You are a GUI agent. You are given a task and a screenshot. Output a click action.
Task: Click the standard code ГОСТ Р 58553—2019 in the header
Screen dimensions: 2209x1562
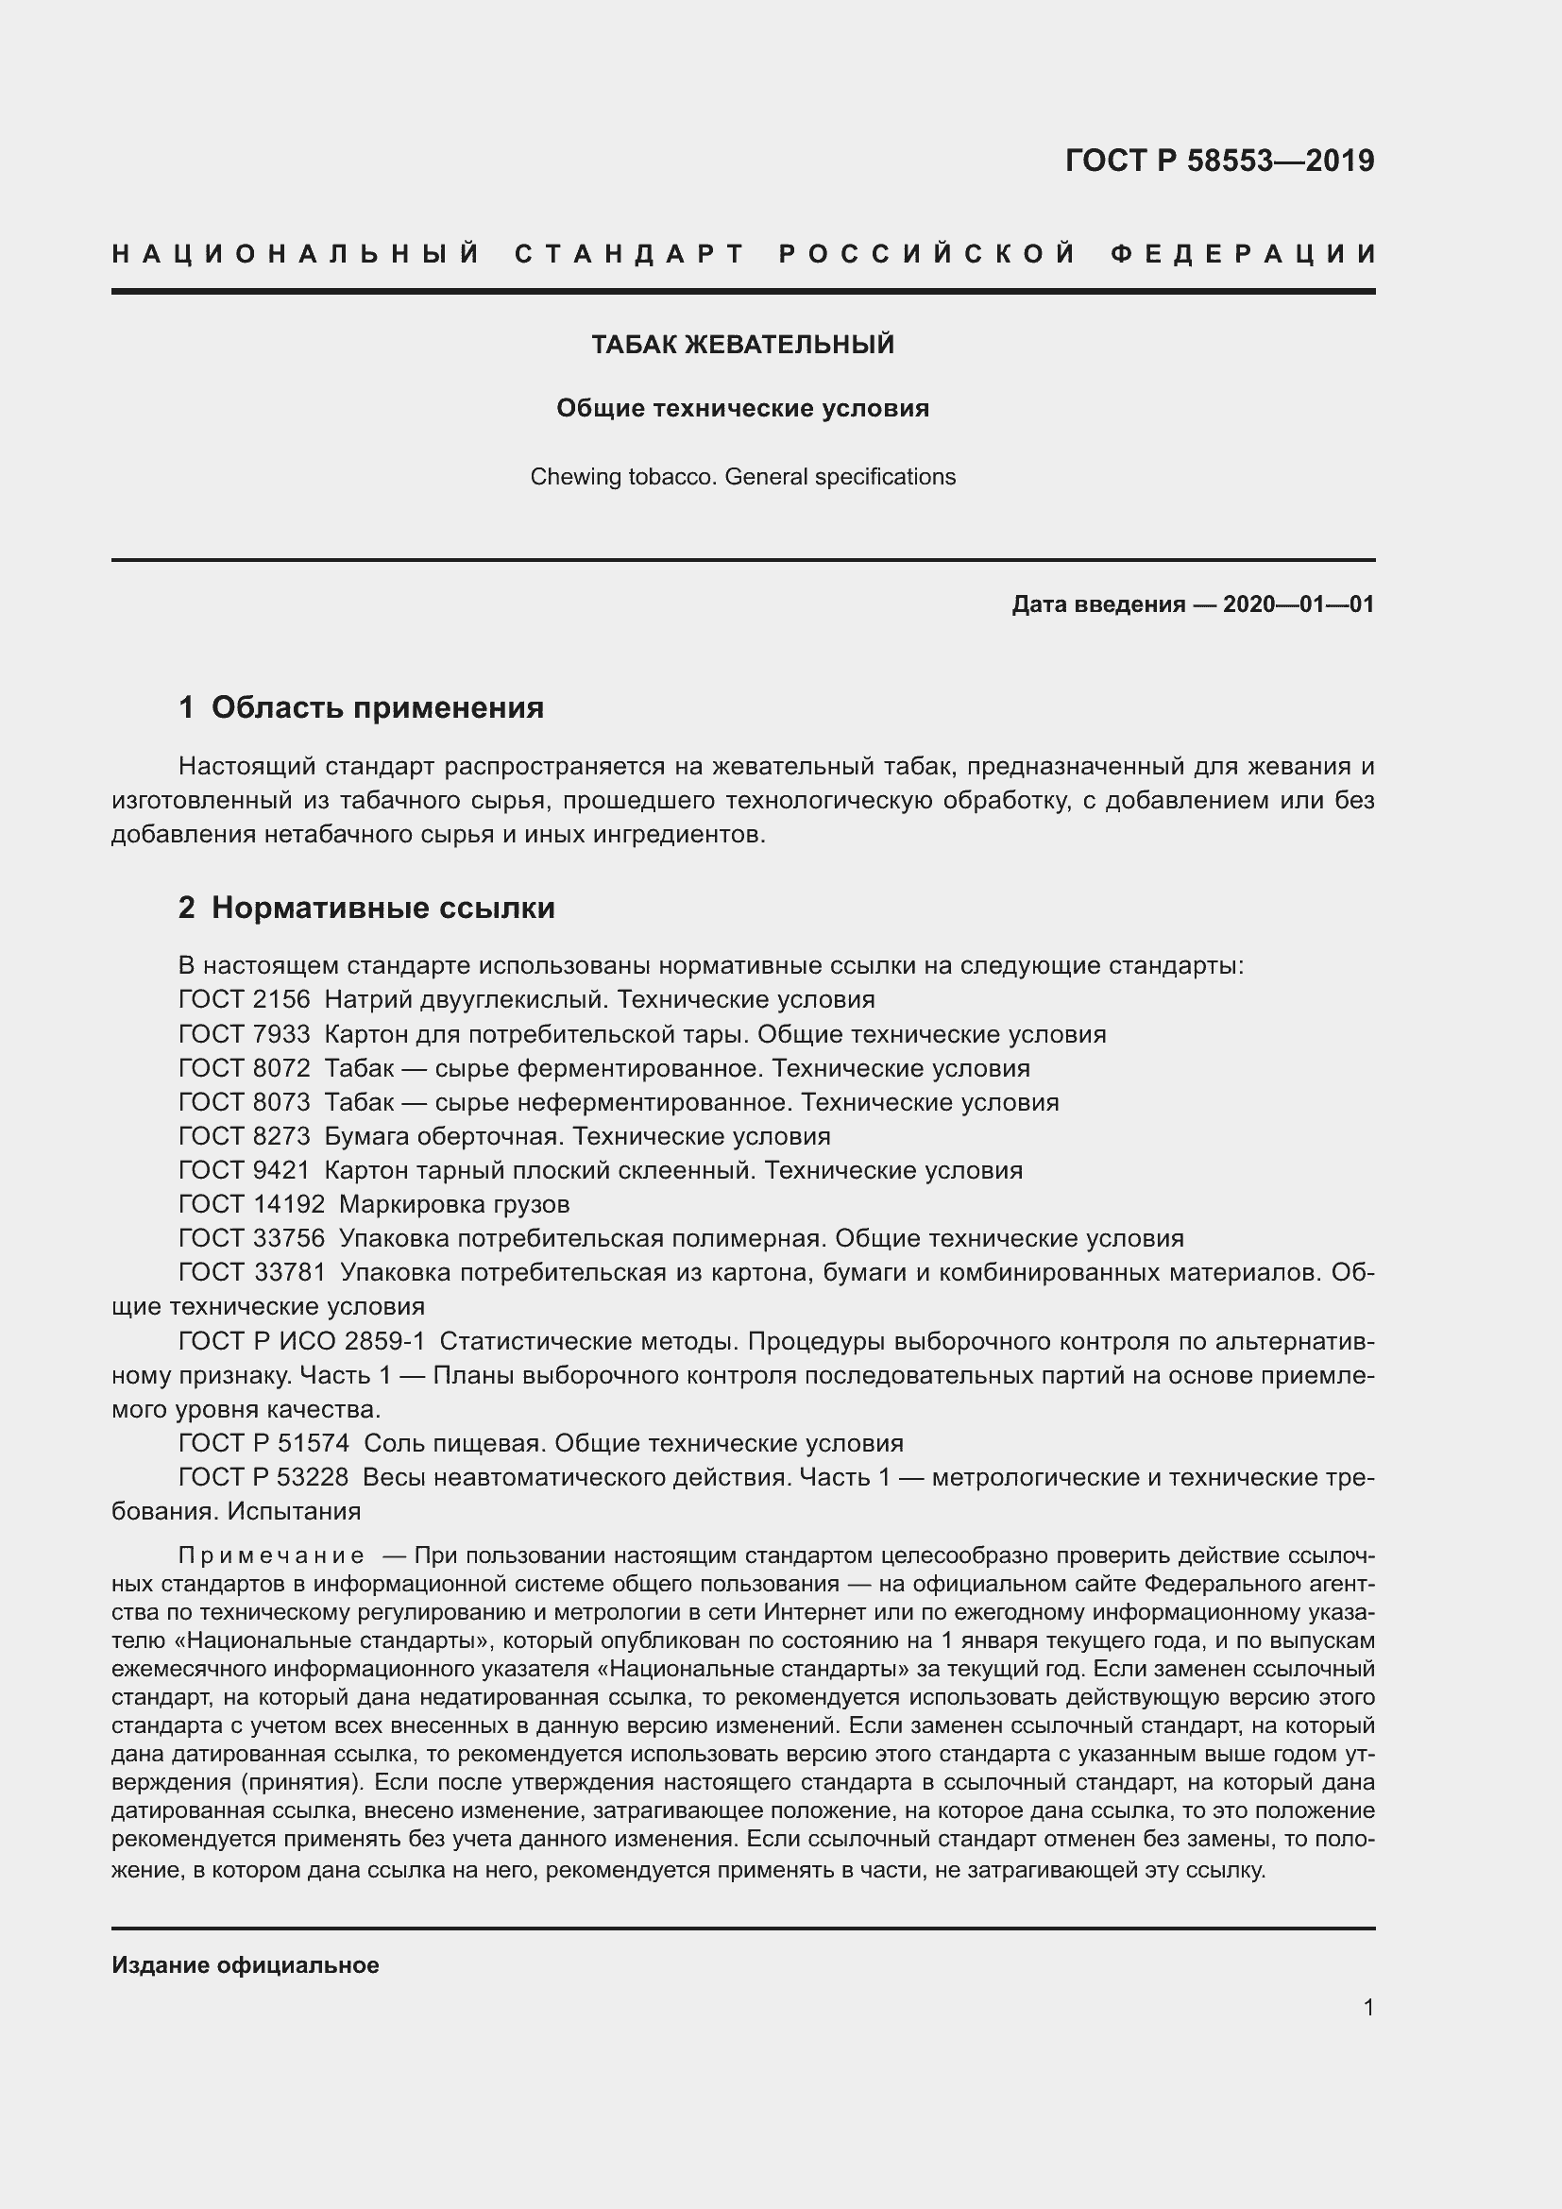click(1218, 161)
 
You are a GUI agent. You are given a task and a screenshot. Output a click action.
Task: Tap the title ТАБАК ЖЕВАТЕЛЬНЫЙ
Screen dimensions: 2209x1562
click(742, 345)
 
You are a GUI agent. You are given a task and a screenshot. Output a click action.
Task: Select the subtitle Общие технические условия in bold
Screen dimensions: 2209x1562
click(742, 408)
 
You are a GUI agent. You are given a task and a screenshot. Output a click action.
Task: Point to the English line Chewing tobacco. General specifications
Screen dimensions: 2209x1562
click(742, 477)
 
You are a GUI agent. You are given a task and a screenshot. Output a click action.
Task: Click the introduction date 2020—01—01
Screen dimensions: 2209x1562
click(1298, 604)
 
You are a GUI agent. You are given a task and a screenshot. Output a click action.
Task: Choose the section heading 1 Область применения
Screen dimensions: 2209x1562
click(361, 707)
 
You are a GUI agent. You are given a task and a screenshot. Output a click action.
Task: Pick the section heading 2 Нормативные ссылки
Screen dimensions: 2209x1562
click(366, 908)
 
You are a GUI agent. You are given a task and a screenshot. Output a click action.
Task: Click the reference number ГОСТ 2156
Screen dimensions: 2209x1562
click(245, 999)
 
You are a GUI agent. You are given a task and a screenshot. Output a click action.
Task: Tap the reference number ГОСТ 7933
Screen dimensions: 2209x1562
click(245, 1034)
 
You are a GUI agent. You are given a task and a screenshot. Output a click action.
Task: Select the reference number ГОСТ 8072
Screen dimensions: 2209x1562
click(245, 1068)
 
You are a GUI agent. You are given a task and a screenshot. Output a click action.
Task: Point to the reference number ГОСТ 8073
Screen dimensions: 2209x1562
click(245, 1102)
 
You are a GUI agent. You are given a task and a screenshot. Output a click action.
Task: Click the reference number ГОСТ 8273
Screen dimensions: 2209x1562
click(245, 1136)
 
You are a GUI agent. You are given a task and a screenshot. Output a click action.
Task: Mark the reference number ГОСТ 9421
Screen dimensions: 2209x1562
click(245, 1171)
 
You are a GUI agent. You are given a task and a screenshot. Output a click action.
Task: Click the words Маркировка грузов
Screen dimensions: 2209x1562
click(454, 1204)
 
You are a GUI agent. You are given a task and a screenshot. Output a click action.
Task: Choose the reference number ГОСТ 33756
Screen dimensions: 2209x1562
click(252, 1238)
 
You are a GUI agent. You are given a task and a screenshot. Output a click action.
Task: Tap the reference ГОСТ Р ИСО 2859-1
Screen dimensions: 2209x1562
click(302, 1341)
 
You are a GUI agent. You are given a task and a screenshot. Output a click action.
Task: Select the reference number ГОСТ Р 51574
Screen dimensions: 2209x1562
click(264, 1443)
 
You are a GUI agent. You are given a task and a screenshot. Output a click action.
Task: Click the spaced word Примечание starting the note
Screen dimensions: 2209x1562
click(271, 1556)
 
